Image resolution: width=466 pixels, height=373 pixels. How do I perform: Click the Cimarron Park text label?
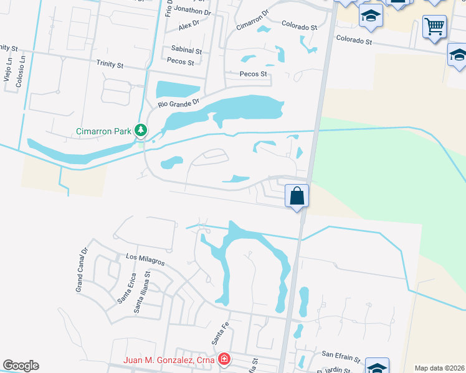tap(103, 131)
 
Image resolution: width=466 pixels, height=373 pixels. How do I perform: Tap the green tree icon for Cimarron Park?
tap(141, 130)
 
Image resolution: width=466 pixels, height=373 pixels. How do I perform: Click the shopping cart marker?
tap(434, 27)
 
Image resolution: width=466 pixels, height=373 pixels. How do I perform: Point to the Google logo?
tap(21, 366)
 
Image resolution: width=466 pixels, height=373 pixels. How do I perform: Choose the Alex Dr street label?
tap(188, 25)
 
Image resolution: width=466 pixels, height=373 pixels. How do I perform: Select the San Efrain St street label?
tap(341, 357)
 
